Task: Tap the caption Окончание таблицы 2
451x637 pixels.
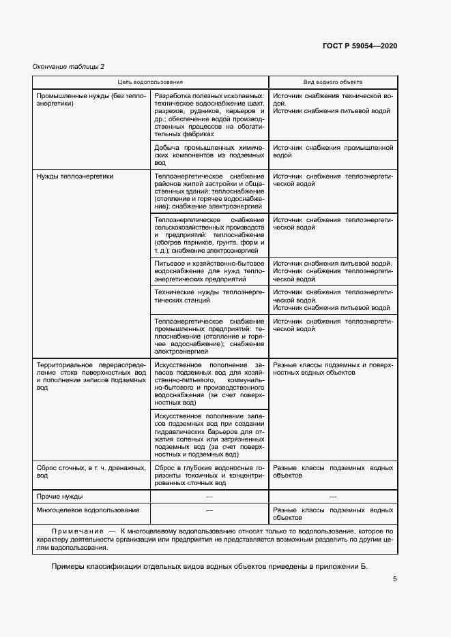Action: click(68, 66)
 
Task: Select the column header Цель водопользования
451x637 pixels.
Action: click(149, 82)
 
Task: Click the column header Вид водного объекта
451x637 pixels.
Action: click(332, 82)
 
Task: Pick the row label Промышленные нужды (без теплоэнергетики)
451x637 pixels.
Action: click(91, 100)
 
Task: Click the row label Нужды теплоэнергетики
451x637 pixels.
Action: click(74, 176)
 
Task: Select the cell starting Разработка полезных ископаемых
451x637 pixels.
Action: click(209, 115)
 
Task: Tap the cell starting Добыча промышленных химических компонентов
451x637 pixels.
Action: click(209, 155)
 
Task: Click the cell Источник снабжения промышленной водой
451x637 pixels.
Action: click(332, 151)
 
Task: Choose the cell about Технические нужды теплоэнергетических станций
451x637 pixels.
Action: click(209, 296)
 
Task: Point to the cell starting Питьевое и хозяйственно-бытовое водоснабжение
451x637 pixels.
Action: click(209, 271)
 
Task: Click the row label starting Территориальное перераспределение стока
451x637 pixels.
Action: click(91, 376)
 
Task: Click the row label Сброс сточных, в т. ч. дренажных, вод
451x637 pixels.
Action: click(91, 472)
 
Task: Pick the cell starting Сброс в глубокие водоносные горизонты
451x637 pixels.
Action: click(209, 476)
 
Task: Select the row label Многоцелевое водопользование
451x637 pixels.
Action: click(88, 510)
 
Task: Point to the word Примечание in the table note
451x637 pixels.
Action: click(76, 530)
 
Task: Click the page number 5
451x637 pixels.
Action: click(394, 580)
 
